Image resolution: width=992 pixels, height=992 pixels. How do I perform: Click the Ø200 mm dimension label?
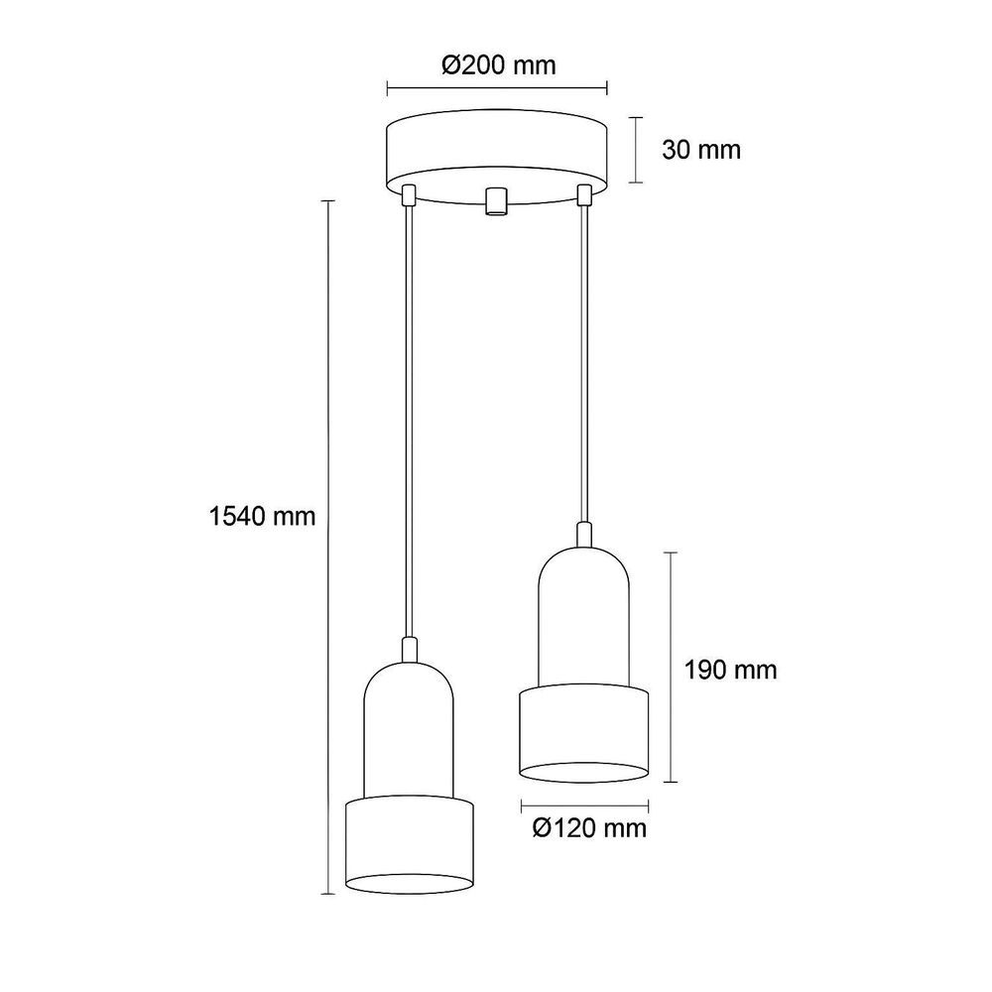499,64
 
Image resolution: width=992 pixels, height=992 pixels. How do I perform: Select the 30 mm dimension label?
701,150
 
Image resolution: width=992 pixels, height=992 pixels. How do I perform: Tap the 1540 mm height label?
262,517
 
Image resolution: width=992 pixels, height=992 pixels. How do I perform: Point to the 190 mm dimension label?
730,670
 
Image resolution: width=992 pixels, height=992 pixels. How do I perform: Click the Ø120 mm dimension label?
589,827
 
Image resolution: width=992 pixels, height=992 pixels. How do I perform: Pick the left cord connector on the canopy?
410,194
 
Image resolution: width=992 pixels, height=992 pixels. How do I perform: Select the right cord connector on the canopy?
584,194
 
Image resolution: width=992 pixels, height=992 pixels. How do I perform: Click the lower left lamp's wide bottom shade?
410,845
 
